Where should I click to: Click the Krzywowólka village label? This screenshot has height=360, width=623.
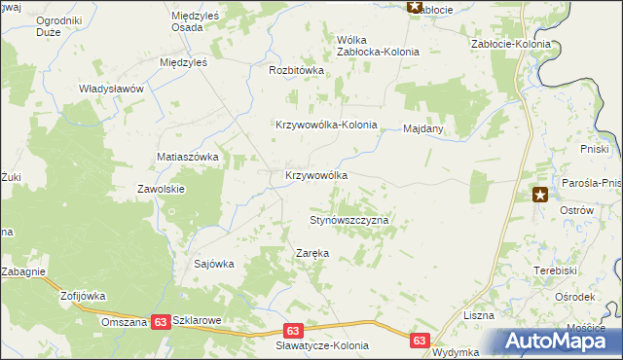pos(316,175)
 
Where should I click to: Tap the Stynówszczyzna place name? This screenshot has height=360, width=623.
pos(349,221)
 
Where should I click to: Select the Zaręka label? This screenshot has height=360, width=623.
pos(312,253)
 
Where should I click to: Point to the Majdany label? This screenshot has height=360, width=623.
pos(423,127)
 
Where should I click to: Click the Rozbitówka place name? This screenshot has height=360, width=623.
pos(296,70)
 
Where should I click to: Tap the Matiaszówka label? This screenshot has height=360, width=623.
pos(189,156)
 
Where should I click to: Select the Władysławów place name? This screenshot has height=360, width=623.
pos(111,88)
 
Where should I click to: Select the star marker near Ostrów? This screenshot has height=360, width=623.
pos(541,196)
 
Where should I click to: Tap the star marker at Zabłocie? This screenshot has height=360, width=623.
pos(415,7)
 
